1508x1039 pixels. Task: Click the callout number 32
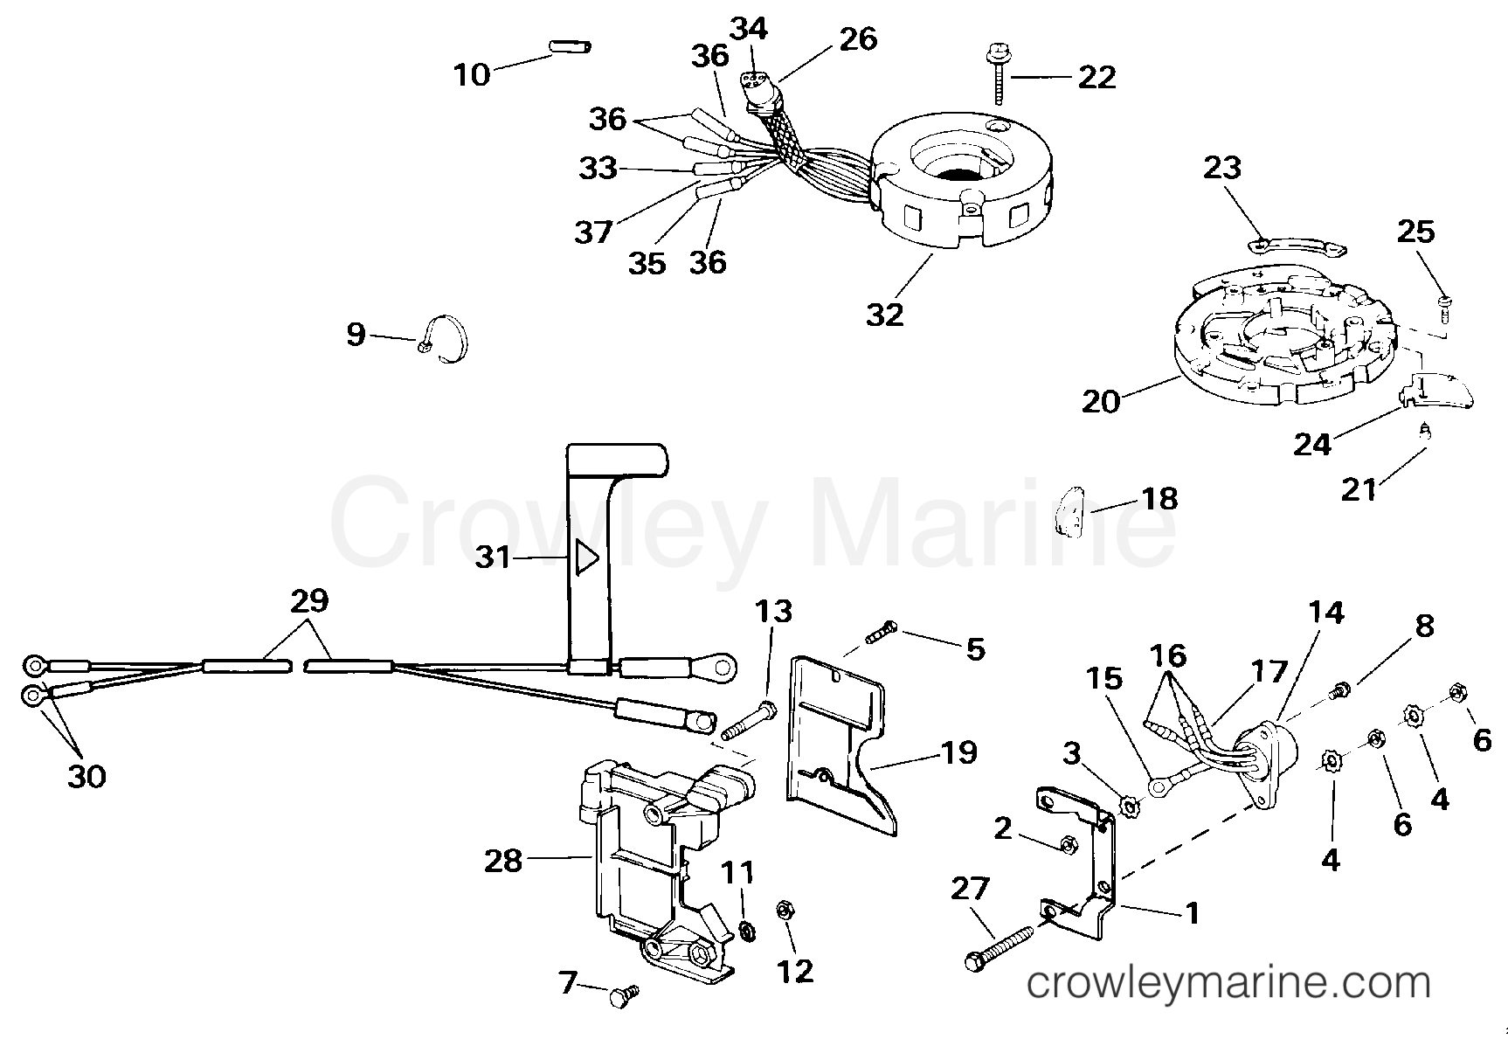(x=884, y=314)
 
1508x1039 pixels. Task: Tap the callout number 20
(x=1101, y=401)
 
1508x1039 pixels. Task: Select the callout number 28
(x=503, y=861)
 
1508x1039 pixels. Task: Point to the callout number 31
(x=493, y=557)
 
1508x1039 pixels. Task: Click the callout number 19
(x=958, y=752)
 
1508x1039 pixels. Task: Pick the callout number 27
(x=970, y=889)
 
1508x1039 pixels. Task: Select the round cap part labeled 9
(x=444, y=336)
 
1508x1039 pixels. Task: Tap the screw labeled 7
(x=624, y=994)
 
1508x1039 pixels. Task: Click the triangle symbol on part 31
(x=586, y=557)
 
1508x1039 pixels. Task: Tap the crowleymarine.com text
(x=1228, y=984)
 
